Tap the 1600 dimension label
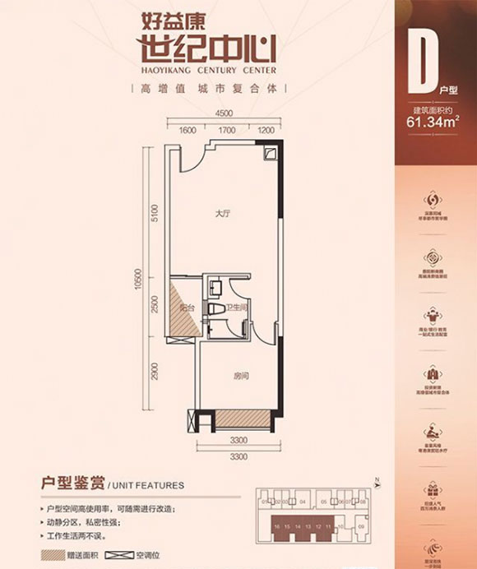pyautogui.click(x=187, y=130)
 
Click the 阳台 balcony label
pyautogui.click(x=187, y=307)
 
